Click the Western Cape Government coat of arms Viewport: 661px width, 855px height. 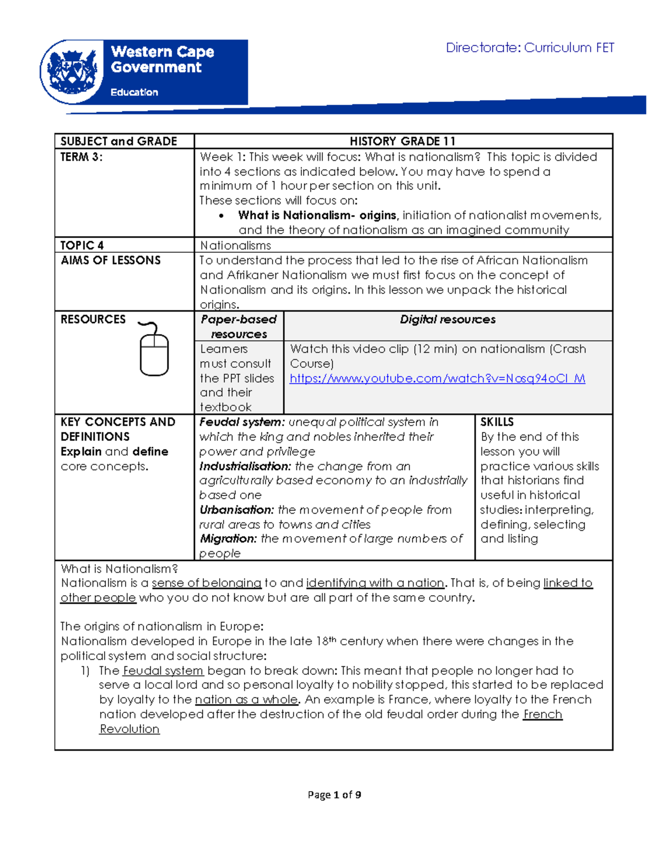72,72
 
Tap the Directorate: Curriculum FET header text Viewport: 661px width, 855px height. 529,48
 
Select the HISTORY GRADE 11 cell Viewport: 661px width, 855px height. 403,141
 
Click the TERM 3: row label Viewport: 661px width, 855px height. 82,157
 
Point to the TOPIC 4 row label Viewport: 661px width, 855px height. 82,246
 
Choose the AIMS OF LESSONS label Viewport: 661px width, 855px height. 111,260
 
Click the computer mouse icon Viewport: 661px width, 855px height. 154,350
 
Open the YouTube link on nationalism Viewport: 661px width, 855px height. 437,378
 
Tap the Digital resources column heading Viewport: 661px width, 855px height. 447,319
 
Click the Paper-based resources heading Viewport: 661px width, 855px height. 239,326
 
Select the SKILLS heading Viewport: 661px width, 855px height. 497,422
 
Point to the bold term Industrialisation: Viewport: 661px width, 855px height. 245,466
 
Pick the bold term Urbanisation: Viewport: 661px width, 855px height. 236,510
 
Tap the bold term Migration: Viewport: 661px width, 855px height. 228,538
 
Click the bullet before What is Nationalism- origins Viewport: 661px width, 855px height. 221,216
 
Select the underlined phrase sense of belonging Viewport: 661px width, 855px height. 207,583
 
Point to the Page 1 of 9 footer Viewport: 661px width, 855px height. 334,794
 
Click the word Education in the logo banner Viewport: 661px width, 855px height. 134,92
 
